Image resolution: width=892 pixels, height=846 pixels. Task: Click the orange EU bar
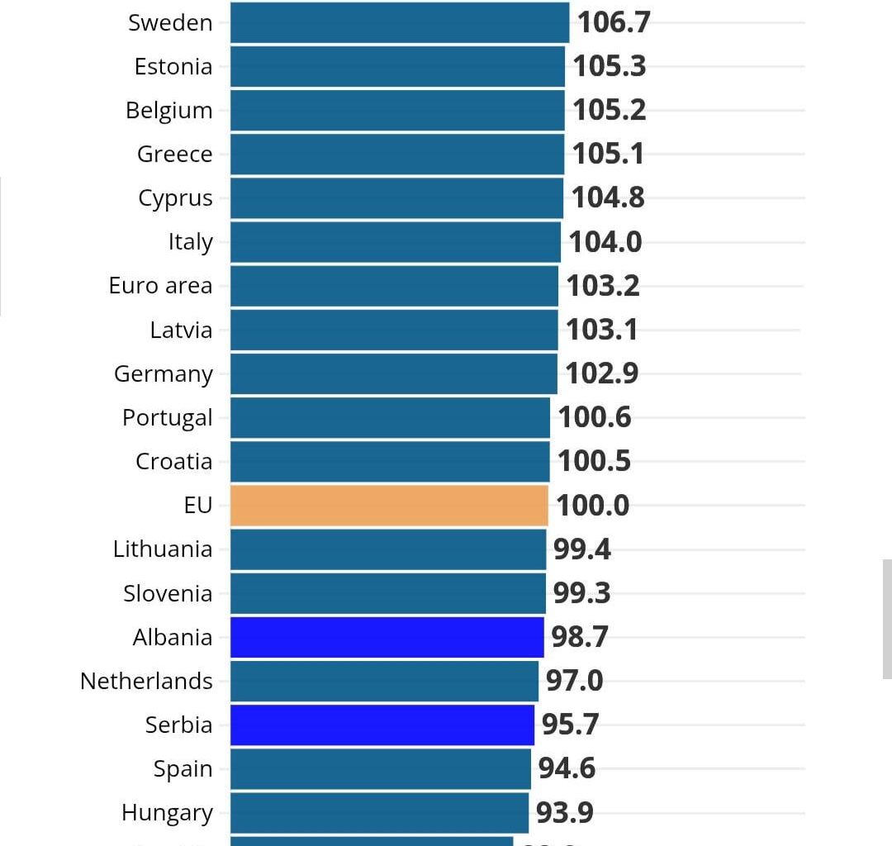click(x=389, y=506)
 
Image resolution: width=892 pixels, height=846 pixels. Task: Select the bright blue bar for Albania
click(x=387, y=637)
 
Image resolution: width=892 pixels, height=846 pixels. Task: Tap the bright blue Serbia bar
click(x=382, y=725)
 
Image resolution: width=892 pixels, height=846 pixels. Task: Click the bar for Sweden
click(x=399, y=22)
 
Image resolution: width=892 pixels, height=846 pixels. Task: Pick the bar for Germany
click(x=393, y=373)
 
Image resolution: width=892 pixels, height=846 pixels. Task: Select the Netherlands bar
click(x=384, y=681)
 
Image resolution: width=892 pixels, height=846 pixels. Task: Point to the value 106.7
click(x=614, y=23)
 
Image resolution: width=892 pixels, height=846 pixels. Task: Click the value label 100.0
click(x=592, y=506)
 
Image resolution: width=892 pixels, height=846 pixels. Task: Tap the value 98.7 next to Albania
click(x=579, y=637)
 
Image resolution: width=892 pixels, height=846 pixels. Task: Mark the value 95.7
click(x=570, y=725)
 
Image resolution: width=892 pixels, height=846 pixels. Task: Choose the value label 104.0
click(x=605, y=242)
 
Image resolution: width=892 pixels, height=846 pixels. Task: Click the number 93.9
click(x=564, y=813)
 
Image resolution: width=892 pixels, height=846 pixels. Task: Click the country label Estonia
click(x=173, y=67)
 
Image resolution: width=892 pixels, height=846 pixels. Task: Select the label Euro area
click(x=160, y=286)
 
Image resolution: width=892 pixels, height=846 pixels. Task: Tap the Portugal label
click(x=167, y=418)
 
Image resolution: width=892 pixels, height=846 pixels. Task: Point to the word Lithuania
click(x=163, y=549)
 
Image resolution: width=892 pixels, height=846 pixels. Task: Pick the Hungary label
click(x=167, y=813)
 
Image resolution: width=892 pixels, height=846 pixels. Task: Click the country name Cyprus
click(x=175, y=198)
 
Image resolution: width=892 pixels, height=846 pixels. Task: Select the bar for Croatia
click(x=390, y=462)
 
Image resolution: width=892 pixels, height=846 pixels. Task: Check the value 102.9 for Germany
click(x=601, y=373)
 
